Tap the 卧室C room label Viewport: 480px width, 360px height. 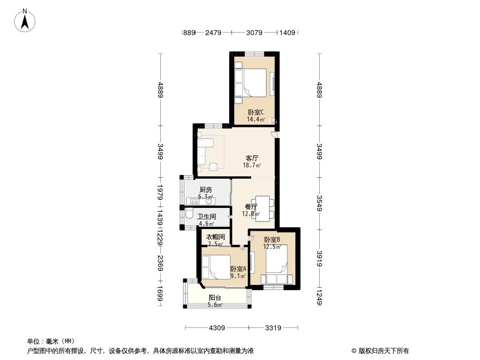point(255,112)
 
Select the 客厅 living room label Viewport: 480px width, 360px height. point(252,158)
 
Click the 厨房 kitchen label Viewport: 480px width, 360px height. point(205,189)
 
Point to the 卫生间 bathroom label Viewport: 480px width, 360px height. point(206,216)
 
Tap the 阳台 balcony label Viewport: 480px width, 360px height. point(215,298)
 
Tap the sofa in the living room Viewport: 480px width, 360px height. point(202,150)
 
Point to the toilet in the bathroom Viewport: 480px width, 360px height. point(189,216)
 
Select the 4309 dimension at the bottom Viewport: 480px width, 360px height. point(217,328)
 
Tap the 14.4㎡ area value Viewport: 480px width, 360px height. point(255,120)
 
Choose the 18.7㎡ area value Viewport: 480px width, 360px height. point(252,165)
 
